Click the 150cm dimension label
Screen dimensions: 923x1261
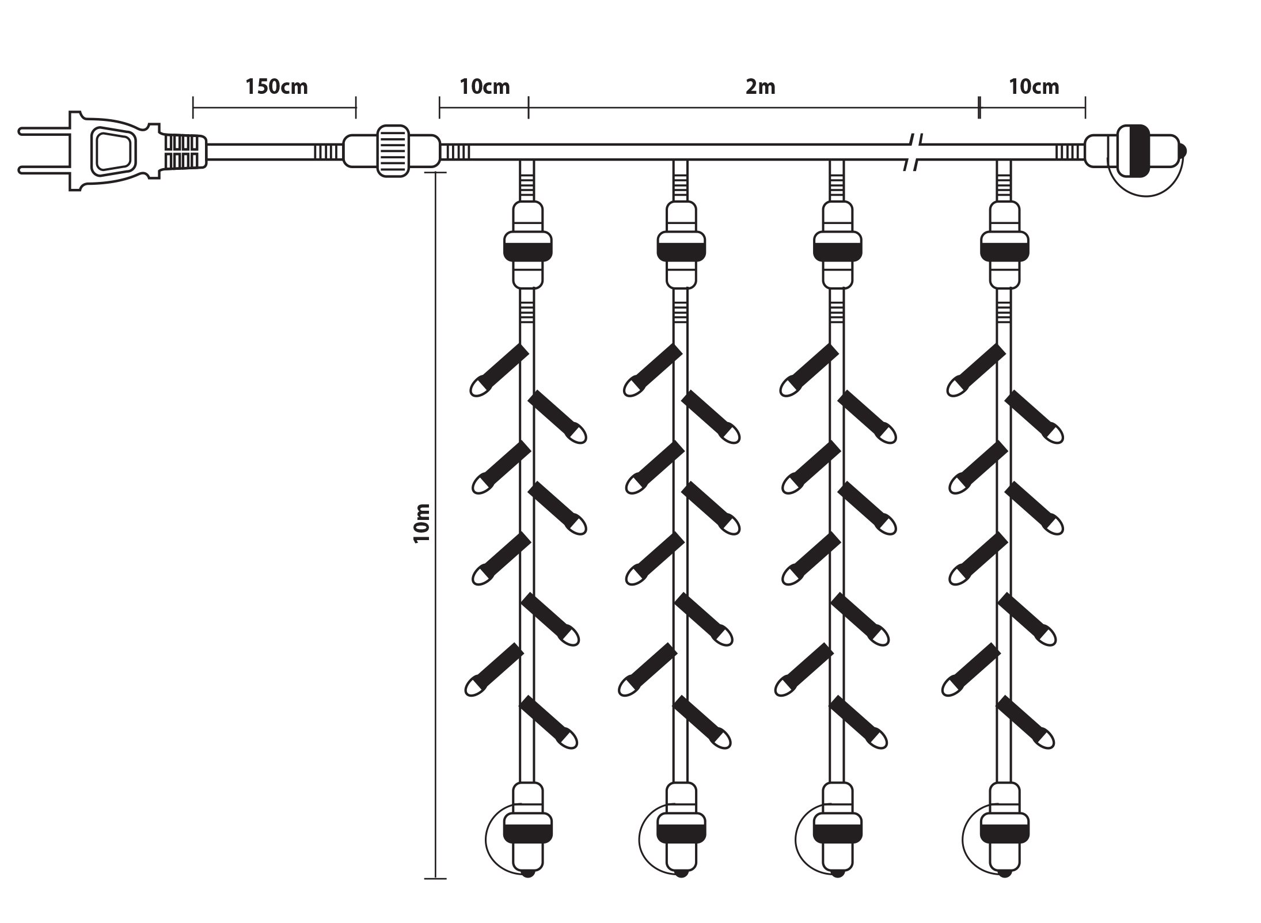(x=276, y=87)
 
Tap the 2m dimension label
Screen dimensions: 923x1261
(x=760, y=87)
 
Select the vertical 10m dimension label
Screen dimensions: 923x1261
(x=423, y=523)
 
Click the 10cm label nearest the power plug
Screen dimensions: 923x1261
(x=484, y=87)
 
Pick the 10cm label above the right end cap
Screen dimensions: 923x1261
(x=1034, y=87)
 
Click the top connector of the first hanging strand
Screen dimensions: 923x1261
(x=528, y=245)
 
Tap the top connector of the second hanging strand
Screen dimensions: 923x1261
(x=681, y=245)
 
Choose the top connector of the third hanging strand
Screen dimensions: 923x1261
(x=837, y=245)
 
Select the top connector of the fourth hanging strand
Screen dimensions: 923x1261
(x=1004, y=245)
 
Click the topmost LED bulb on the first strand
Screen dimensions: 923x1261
(x=498, y=371)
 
